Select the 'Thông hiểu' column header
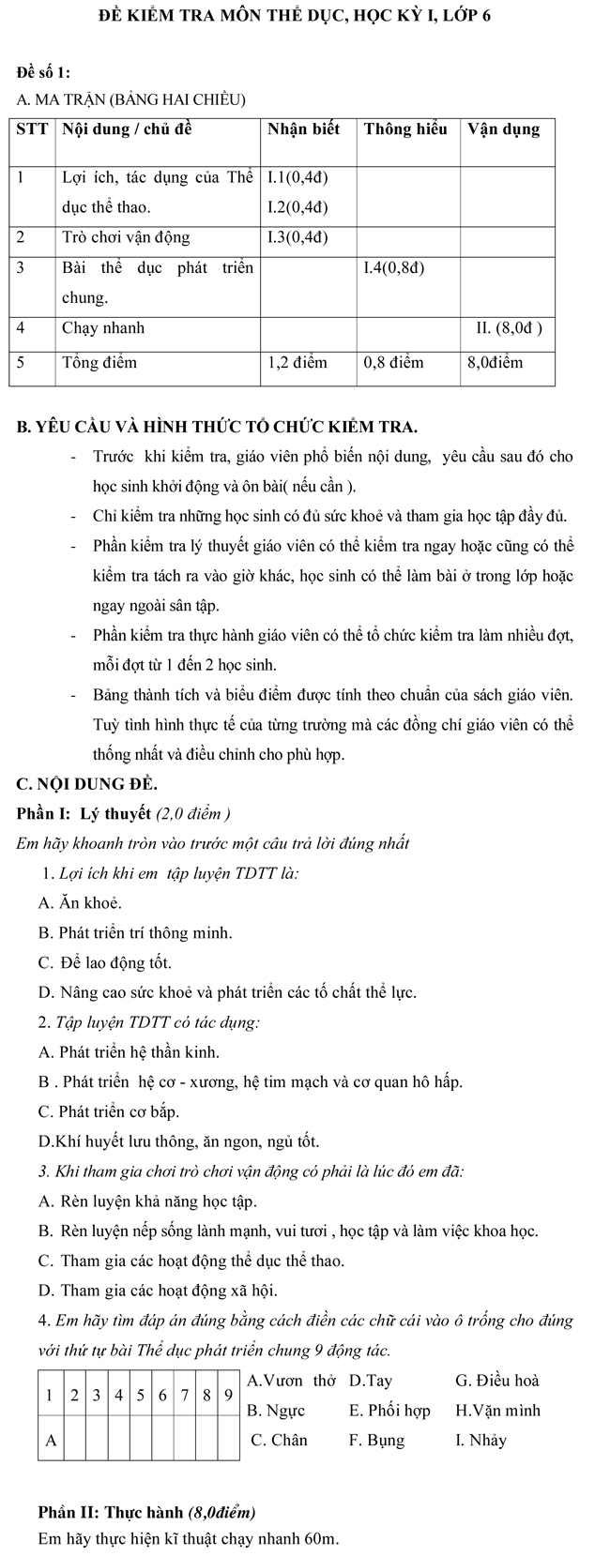405,129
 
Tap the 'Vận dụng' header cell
504,129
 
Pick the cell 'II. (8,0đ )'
510,328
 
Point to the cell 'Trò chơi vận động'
126,237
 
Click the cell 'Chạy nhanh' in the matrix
103,328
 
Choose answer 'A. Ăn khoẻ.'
81,903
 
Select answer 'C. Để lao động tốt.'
105,962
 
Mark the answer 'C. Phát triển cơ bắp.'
109,1112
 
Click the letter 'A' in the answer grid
51,1440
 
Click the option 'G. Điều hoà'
496,1381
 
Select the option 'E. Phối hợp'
389,1411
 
